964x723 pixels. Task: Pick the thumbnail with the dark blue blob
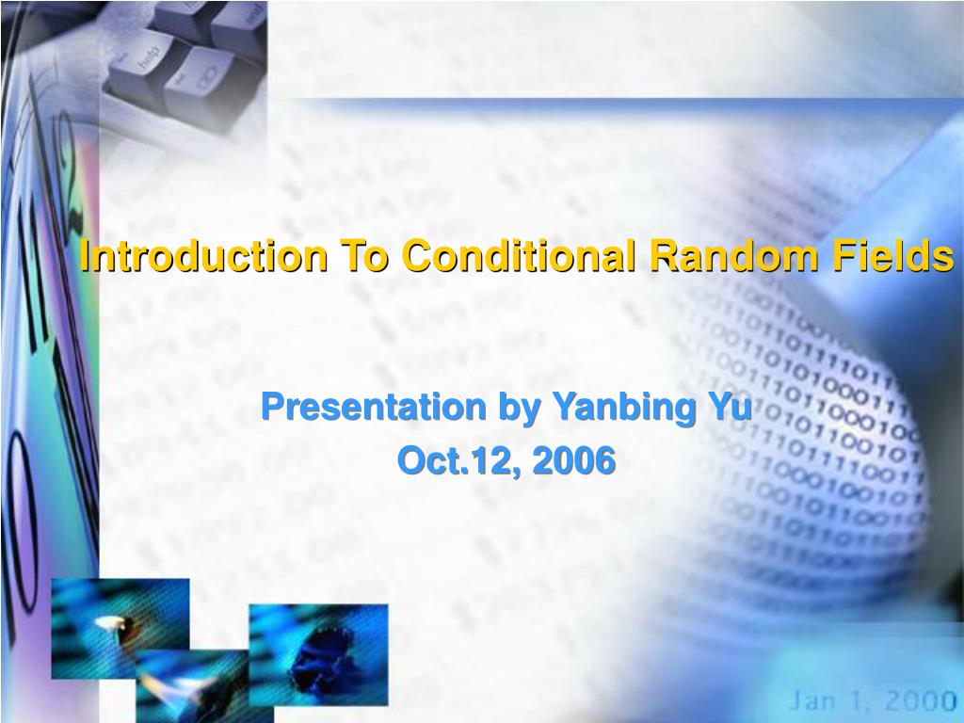pos(318,654)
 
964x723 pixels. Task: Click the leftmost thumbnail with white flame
pos(120,628)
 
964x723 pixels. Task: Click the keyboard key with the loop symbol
pos(200,80)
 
